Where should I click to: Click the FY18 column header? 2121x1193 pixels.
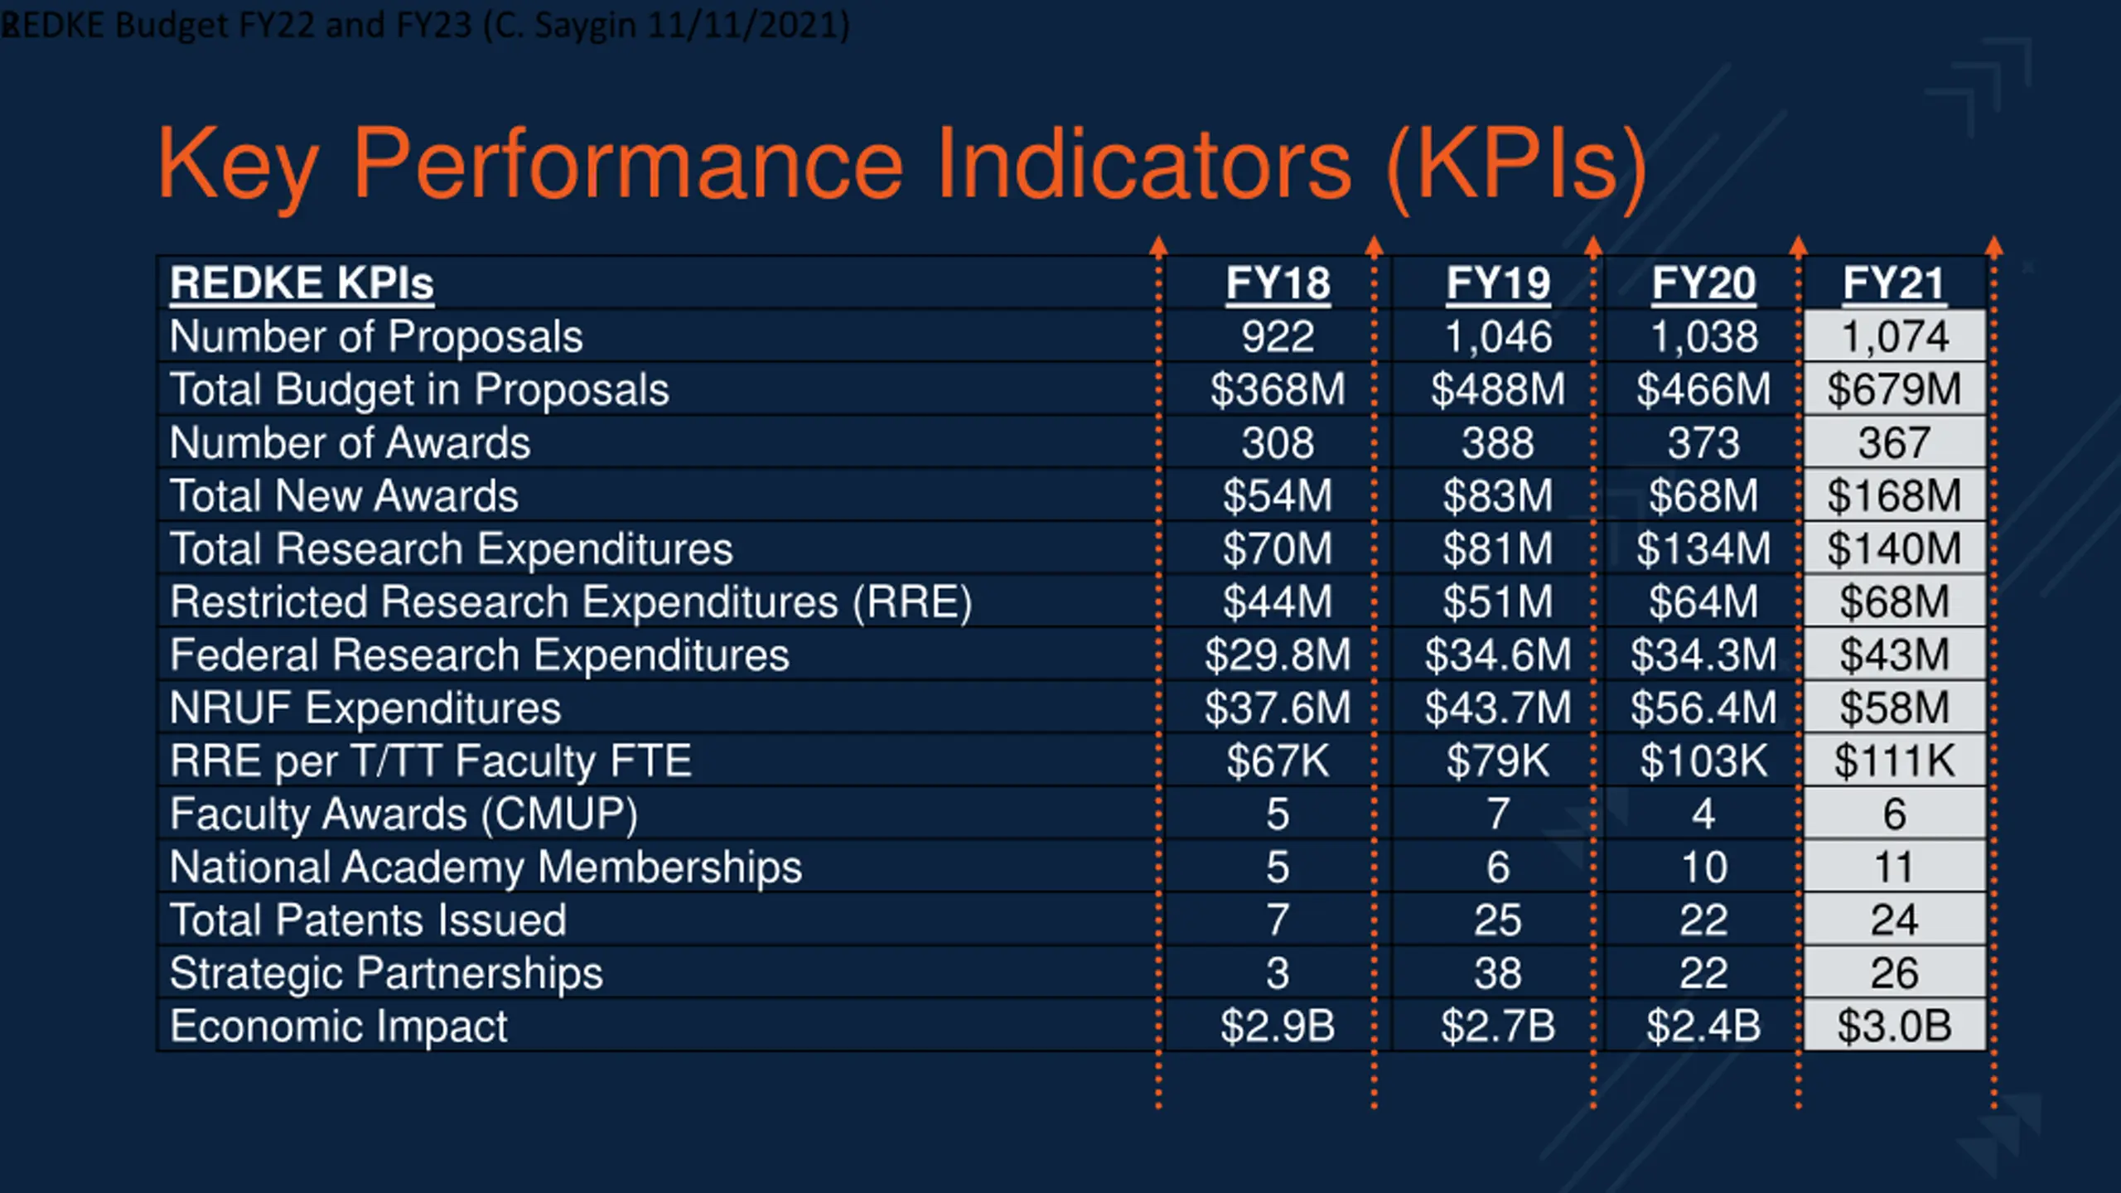1278,283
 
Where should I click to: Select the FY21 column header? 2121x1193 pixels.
1894,283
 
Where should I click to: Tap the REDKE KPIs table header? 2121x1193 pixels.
302,283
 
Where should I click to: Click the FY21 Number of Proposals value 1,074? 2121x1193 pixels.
1894,336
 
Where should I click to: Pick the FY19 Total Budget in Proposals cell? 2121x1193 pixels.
1498,389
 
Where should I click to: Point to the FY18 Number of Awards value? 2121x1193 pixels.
1278,442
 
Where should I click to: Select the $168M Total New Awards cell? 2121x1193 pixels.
1894,495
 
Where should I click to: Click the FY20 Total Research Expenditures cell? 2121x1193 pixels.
1703,548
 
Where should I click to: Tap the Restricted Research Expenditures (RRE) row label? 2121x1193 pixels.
570,601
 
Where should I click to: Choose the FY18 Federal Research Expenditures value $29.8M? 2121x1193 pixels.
1278,654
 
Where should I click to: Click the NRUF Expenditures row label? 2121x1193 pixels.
365,708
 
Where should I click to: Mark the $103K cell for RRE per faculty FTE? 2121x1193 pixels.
1703,761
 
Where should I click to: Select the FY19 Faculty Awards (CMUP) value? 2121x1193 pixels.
1498,814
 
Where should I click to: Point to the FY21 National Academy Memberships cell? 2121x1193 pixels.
1894,867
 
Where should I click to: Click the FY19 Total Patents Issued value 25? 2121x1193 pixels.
1498,920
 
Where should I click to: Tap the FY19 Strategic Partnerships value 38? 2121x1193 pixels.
1498,973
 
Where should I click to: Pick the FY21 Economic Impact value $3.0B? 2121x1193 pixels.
1894,1026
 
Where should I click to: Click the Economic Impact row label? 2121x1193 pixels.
338,1026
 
